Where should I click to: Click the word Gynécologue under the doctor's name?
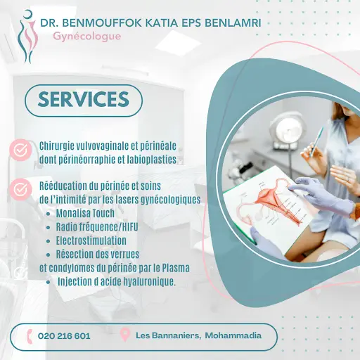point(87,37)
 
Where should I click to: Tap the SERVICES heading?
point(84,99)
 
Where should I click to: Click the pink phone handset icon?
point(30,336)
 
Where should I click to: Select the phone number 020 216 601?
point(64,336)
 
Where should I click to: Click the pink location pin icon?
point(125,335)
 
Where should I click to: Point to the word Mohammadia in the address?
point(233,335)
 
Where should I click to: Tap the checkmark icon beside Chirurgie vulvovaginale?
point(20,150)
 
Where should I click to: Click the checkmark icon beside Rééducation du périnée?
point(20,189)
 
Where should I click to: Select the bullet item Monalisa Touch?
point(85,213)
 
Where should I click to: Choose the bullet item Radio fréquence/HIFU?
point(97,227)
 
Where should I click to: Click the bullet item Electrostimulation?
point(91,240)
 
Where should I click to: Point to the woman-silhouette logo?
point(27,37)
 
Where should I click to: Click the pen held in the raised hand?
point(317,142)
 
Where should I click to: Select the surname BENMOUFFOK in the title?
point(103,23)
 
